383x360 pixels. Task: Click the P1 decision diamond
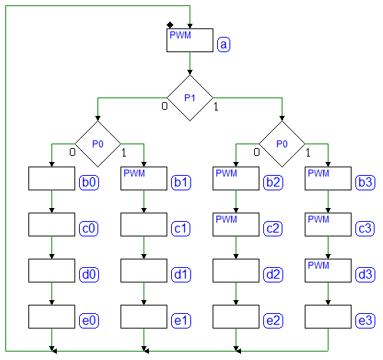[190, 97]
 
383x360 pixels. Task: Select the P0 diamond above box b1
[97, 144]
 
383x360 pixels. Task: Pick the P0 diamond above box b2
[282, 144]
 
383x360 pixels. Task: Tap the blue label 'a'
[223, 45]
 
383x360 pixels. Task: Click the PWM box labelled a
[190, 40]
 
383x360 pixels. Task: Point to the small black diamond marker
[170, 25]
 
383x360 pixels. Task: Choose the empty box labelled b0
[51, 178]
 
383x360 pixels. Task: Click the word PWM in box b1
[134, 173]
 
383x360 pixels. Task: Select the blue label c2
[273, 228]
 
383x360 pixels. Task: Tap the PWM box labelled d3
[328, 270]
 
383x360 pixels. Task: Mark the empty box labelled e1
[144, 316]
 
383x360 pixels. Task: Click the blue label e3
[365, 320]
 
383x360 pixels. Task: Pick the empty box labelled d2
[236, 270]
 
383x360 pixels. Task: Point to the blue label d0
[89, 274]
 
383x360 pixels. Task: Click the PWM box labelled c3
[328, 224]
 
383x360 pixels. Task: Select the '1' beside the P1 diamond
[216, 107]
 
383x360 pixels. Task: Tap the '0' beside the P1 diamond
[164, 106]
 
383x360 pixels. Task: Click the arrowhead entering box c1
[144, 210]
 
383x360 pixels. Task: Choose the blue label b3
[365, 182]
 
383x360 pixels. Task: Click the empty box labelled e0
[51, 316]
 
